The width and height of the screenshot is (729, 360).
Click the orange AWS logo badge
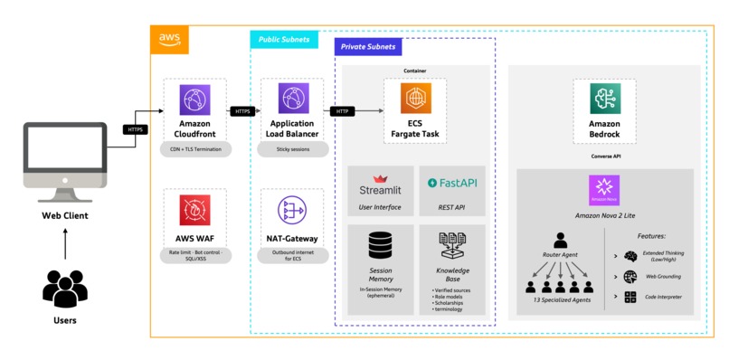pos(169,39)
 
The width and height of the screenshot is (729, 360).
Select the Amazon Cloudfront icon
pos(192,98)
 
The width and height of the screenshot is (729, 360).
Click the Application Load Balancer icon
pos(292,98)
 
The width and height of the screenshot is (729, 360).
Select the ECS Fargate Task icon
pos(415,98)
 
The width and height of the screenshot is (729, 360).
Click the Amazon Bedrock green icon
pos(603,98)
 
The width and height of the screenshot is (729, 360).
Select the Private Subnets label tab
pos(370,47)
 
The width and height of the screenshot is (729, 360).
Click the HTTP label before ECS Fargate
pos(343,111)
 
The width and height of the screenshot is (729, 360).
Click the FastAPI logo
pos(452,184)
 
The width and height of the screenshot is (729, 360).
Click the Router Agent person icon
pos(560,241)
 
